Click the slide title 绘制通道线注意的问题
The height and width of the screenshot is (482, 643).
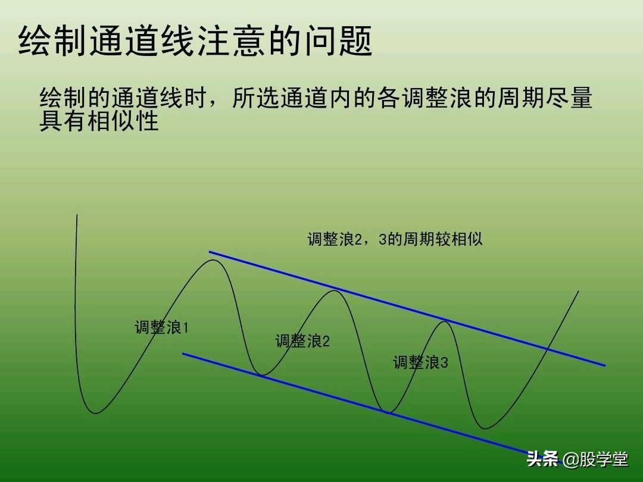tap(195, 41)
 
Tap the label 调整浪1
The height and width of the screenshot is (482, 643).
tap(161, 327)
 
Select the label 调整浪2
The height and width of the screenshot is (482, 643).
tap(302, 341)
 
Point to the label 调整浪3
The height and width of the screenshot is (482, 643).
tap(420, 362)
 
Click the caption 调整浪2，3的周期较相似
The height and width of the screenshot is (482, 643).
tap(395, 239)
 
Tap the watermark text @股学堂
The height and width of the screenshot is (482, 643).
tap(596, 459)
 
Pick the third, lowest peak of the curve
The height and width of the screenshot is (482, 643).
tap(444, 322)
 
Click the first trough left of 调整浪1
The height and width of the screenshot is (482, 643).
tap(96, 412)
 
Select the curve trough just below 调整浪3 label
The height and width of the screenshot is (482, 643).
tap(389, 412)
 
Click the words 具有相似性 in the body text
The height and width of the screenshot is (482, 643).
tap(99, 121)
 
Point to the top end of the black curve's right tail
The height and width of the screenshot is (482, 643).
tap(578, 291)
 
